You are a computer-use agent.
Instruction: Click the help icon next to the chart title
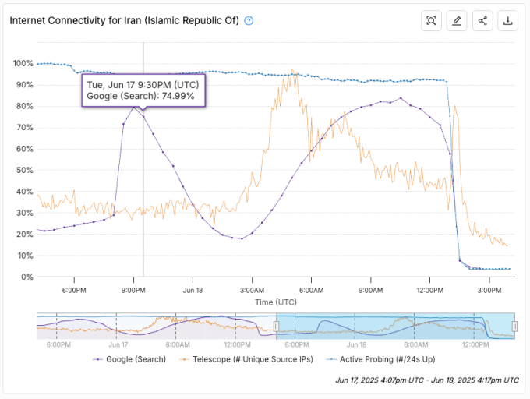(249, 21)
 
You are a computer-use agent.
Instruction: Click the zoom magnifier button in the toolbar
(431, 21)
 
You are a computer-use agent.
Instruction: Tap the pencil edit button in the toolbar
(457, 21)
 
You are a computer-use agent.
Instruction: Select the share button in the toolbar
(482, 21)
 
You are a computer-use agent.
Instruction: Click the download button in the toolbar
(508, 21)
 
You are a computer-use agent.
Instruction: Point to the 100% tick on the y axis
(23, 63)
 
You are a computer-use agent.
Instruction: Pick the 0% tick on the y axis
(26, 277)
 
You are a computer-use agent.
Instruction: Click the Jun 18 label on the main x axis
(193, 290)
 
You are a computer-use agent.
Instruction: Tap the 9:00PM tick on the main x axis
(133, 290)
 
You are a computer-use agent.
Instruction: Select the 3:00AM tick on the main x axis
(252, 290)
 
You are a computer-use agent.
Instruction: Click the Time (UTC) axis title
(275, 301)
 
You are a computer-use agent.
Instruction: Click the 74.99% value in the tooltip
(177, 97)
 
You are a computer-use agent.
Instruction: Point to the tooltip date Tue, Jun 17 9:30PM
(143, 84)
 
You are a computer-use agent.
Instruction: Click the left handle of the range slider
(276, 326)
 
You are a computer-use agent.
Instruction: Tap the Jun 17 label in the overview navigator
(118, 344)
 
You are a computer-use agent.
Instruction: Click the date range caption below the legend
(427, 380)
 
